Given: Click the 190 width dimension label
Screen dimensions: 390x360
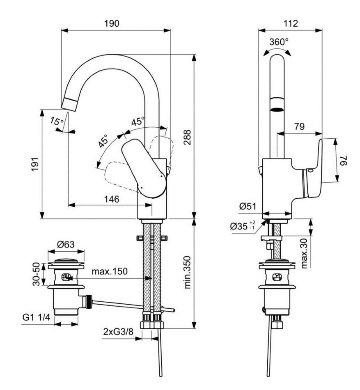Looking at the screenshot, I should click(112, 23).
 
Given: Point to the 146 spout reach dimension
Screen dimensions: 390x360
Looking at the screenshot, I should click(111, 199).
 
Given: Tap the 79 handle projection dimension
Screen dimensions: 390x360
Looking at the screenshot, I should click(299, 127).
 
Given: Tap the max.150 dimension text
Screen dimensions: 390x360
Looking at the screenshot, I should click(109, 271).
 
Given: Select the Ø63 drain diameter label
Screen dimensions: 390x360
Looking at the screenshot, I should click(66, 245).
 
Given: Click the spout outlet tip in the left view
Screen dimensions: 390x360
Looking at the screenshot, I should click(69, 103).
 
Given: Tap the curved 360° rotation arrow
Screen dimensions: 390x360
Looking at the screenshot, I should click(278, 50).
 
